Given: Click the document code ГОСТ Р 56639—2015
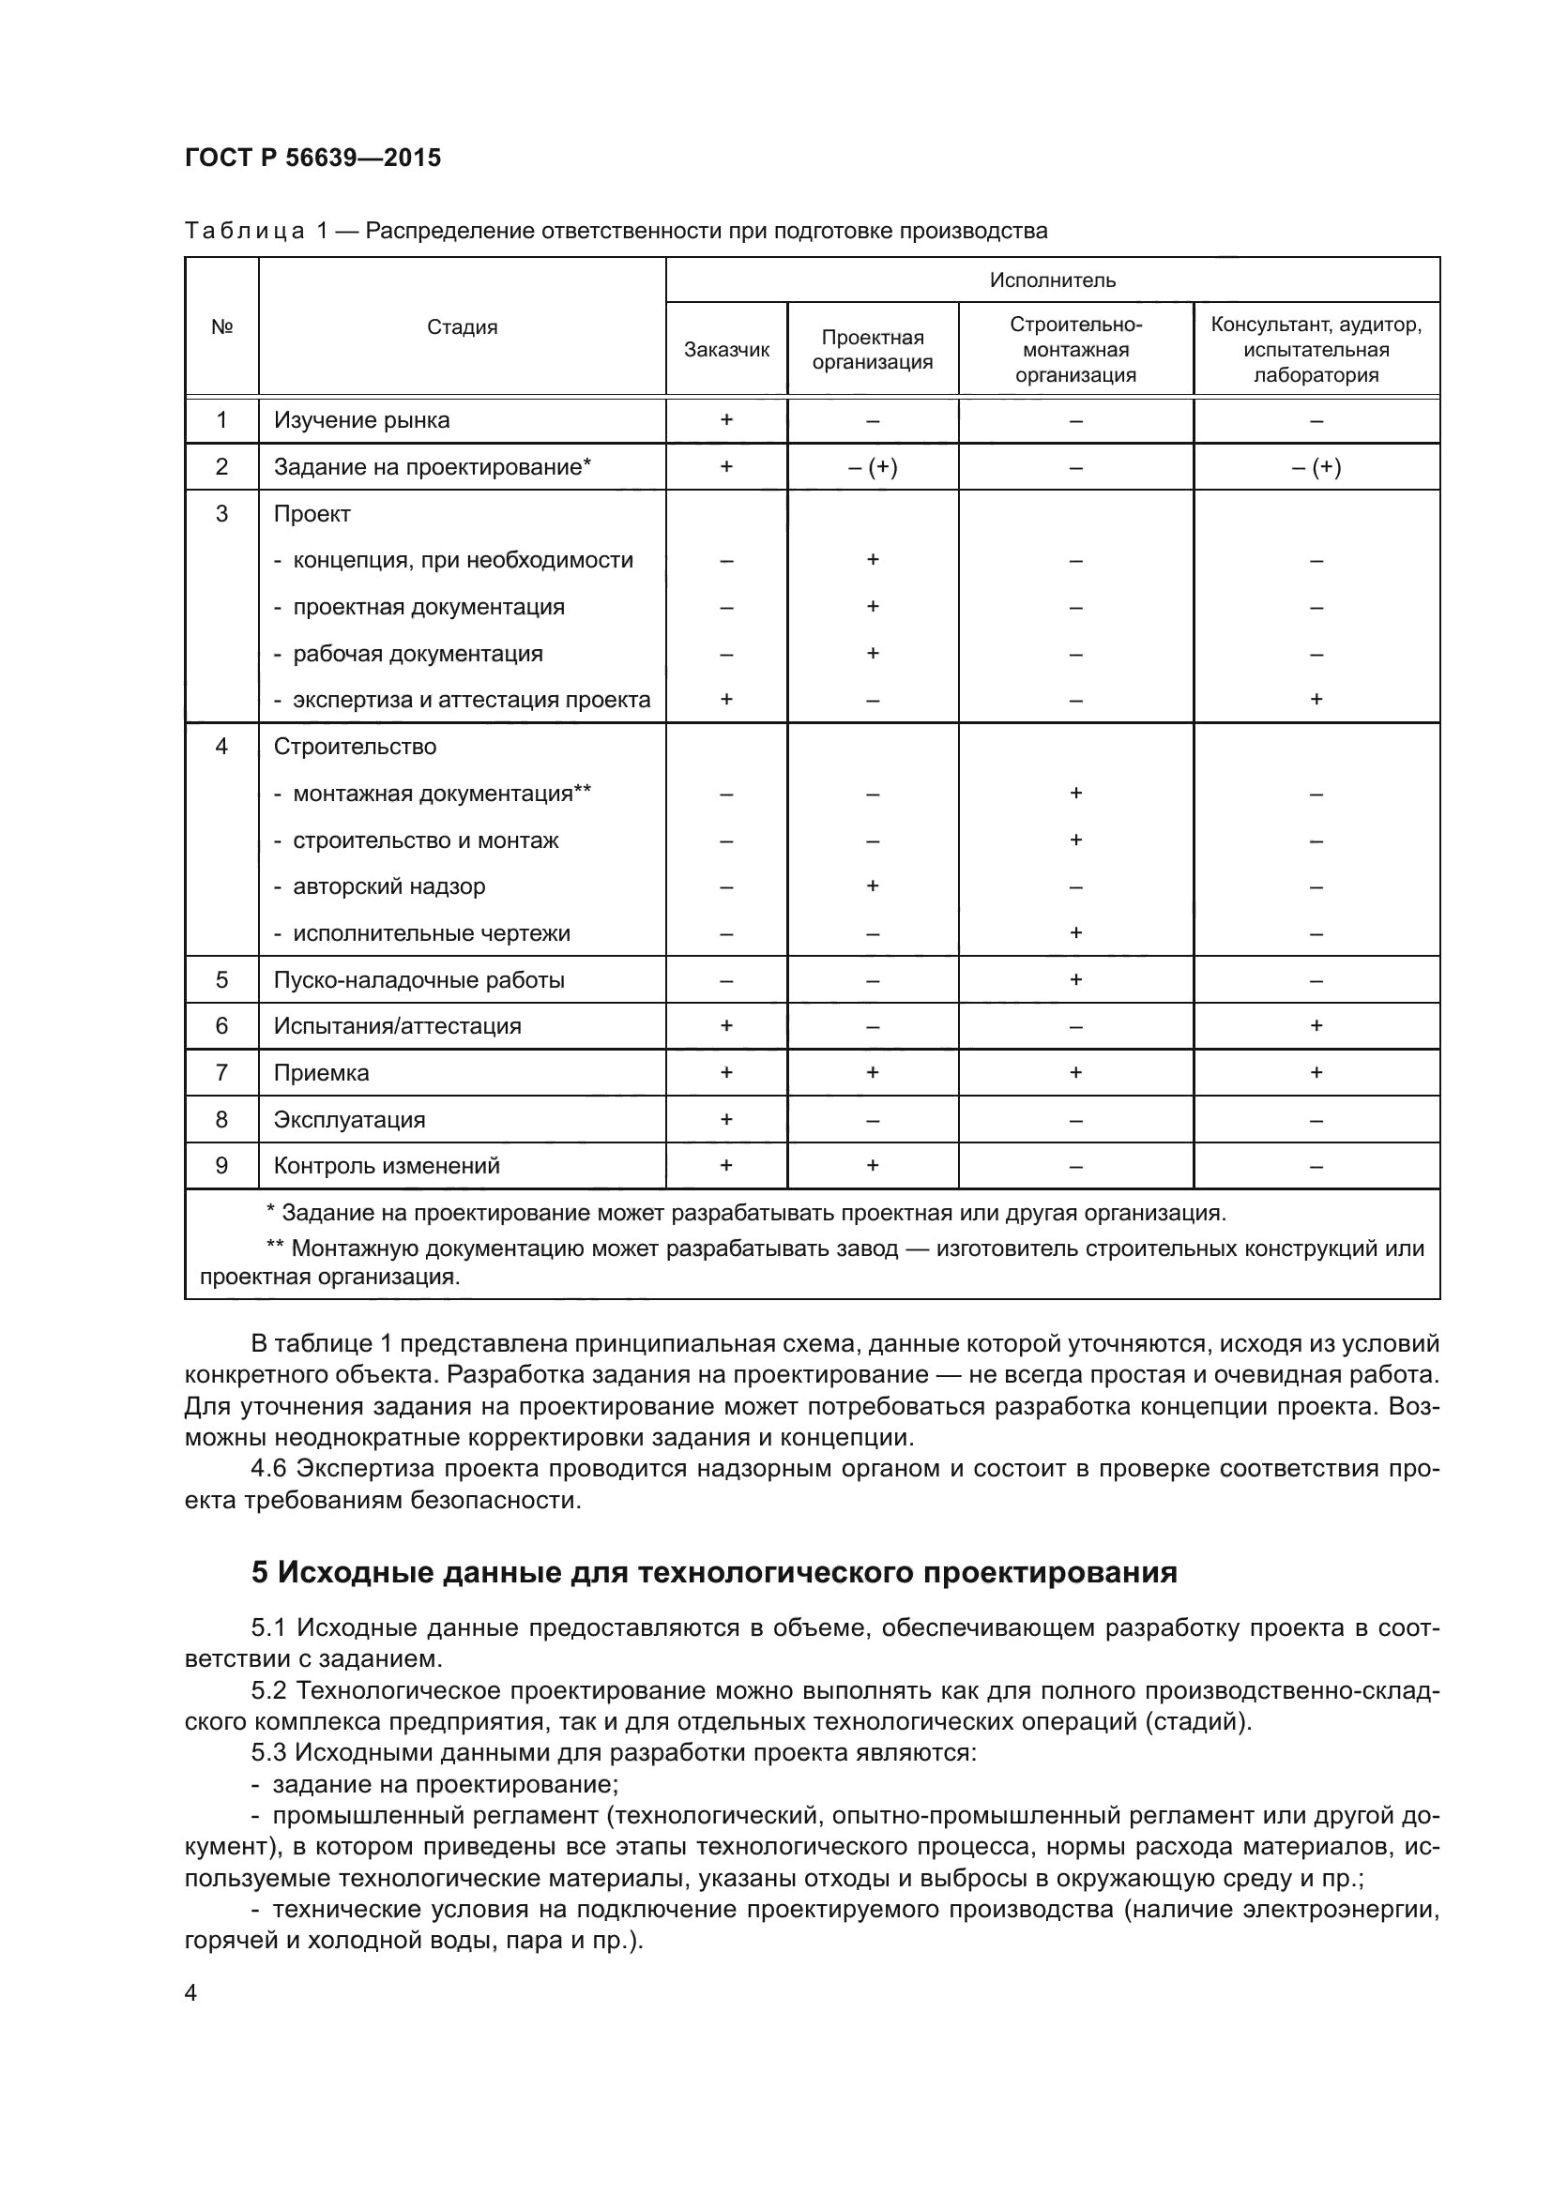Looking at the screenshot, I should pos(312,158).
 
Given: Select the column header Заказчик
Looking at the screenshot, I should pos(726,350).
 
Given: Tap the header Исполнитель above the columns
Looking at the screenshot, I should pos(1052,280).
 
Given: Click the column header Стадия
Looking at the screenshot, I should pos(462,326).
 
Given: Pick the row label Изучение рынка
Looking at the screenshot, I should pos(361,420).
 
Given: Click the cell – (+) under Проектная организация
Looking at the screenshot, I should pos(873,467).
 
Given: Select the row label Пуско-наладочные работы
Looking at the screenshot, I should pos(418,980).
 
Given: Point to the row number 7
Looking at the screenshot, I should pos(221,1073).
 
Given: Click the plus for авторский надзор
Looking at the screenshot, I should pos(873,886).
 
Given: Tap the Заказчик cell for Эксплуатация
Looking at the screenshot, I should pos(726,1120).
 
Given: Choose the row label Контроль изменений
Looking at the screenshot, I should pos(386,1166).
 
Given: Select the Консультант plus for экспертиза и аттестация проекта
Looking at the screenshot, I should pos(1316,700).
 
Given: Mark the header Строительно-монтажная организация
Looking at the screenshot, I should pos(1075,350).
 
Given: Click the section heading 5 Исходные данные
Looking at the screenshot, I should pos(714,1572).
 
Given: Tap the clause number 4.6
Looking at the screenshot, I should pos(268,1469).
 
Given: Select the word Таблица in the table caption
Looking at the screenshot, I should pos(245,232).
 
